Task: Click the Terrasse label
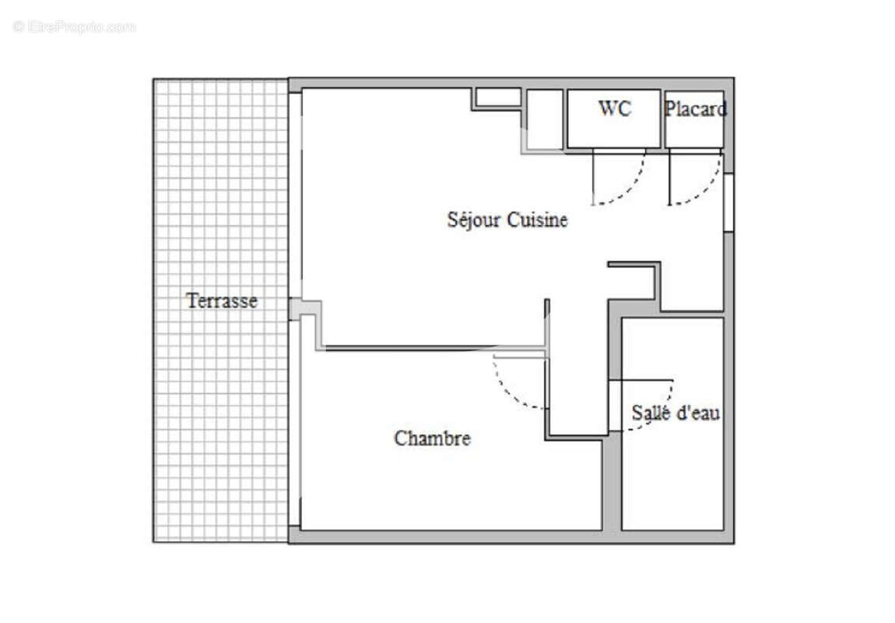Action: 222,301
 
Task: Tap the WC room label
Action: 615,108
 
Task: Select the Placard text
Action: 695,109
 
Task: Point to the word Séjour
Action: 475,220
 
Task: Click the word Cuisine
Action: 538,220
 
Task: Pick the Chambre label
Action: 432,438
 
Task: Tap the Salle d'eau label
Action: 675,413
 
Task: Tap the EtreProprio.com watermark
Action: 74,26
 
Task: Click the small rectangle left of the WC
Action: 546,118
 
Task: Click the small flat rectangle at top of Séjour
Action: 498,97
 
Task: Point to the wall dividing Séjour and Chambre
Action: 432,347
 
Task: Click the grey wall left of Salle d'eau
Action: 613,483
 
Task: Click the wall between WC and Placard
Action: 663,118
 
